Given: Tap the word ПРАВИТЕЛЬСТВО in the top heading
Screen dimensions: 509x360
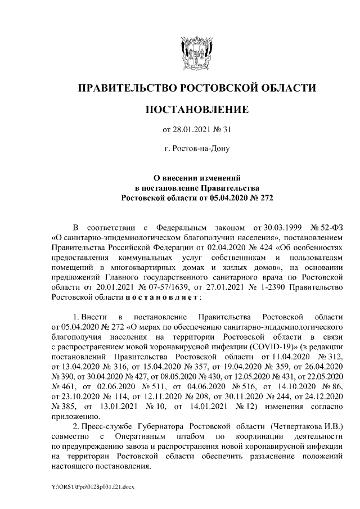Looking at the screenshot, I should coord(126,88).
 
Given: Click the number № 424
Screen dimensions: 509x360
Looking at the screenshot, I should coord(245,247).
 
